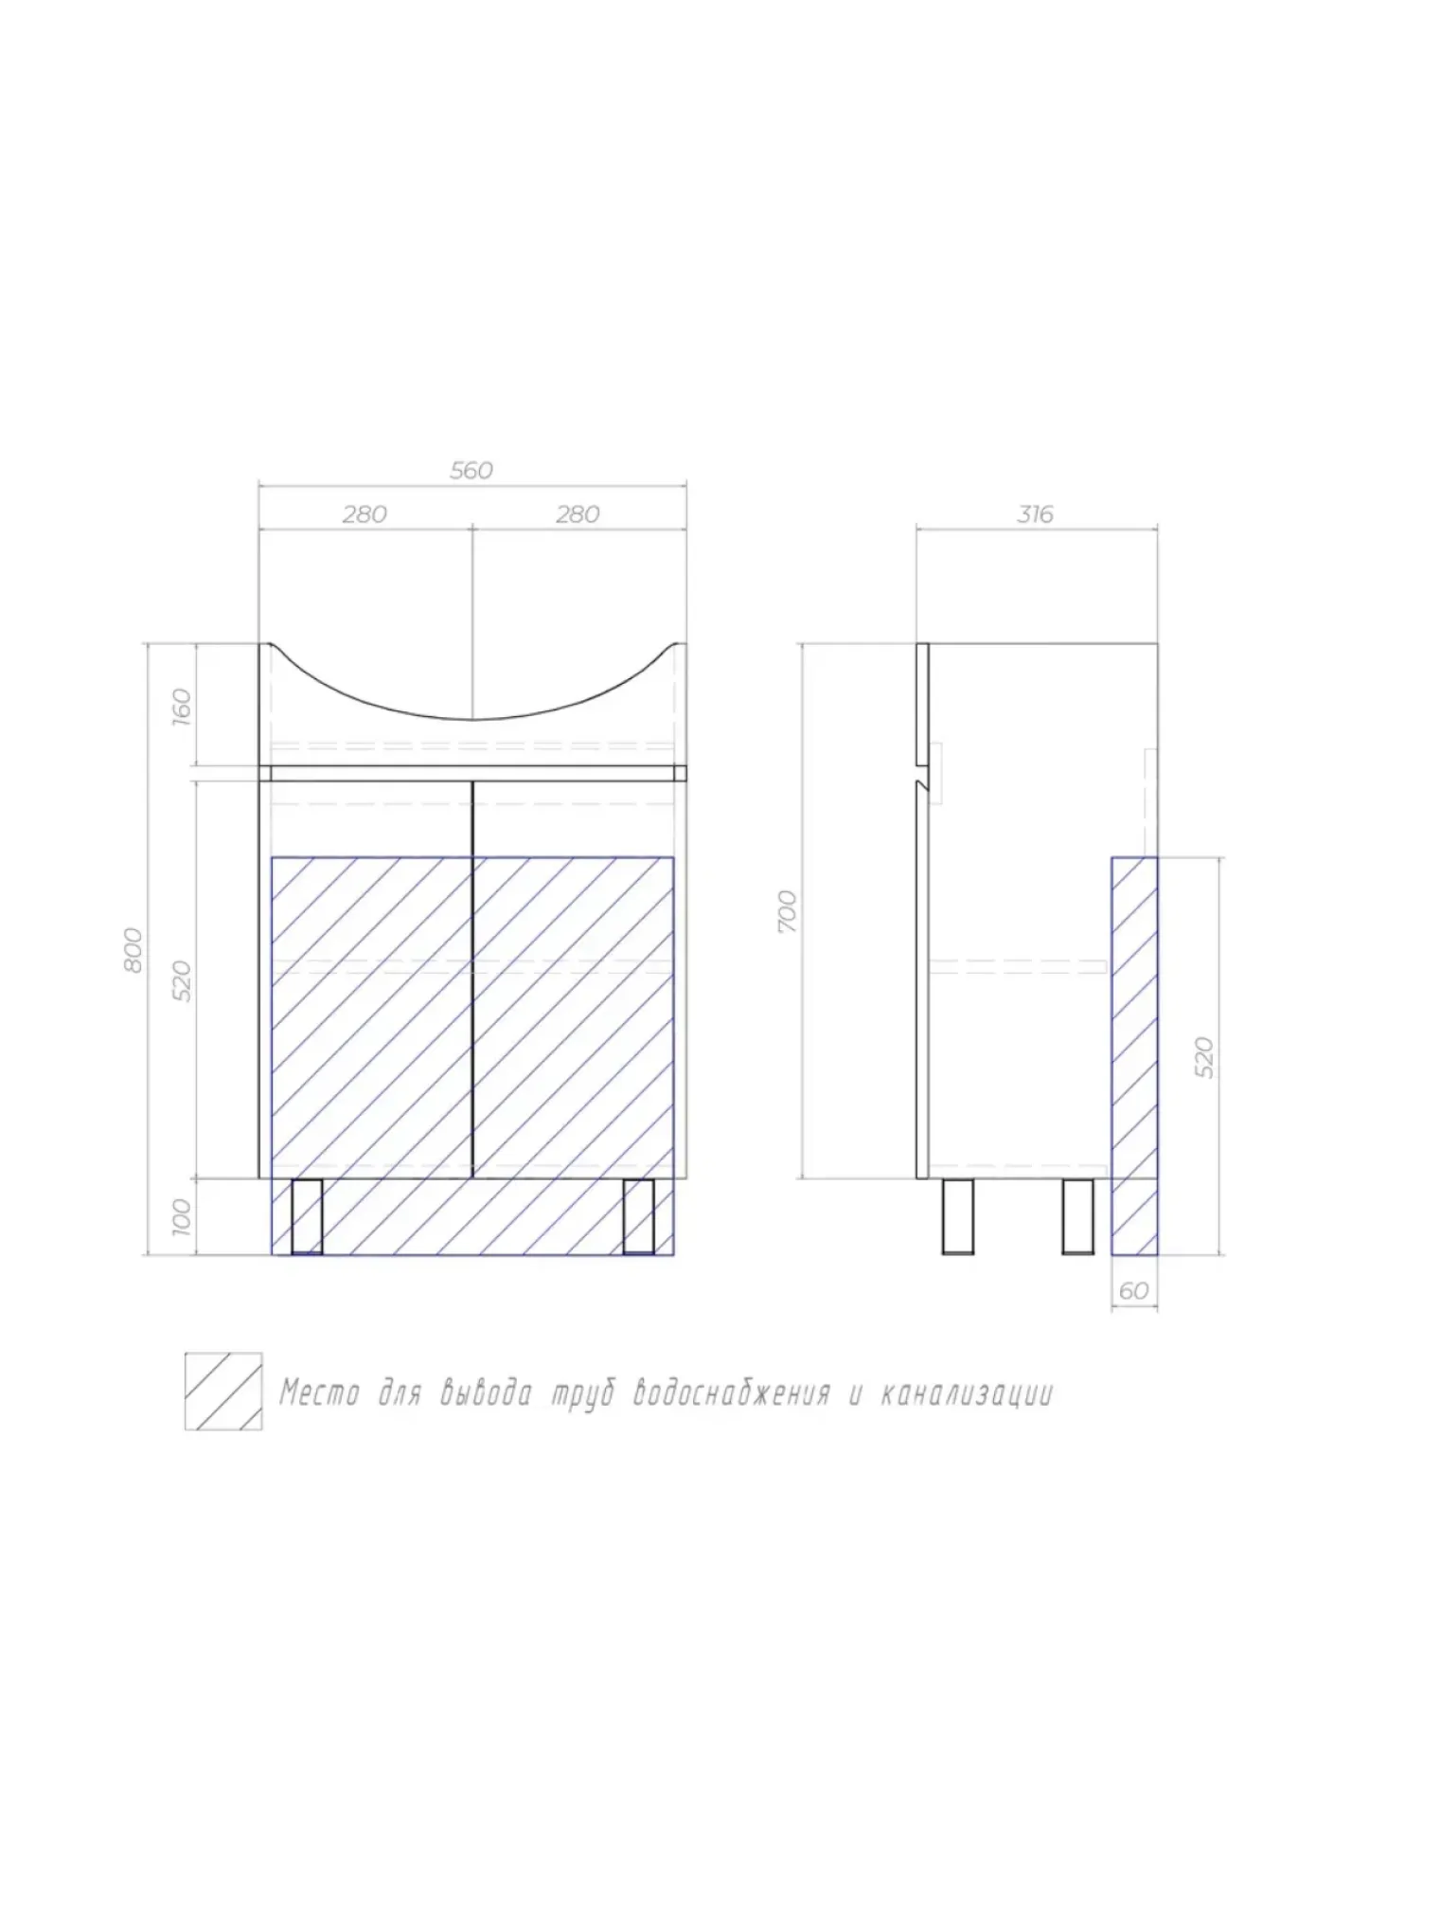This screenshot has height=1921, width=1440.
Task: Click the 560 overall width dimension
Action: (x=471, y=471)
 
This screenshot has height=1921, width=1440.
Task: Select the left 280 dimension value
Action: (x=364, y=514)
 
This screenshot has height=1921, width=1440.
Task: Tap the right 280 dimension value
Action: (x=578, y=514)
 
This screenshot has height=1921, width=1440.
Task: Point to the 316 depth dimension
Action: (x=1035, y=514)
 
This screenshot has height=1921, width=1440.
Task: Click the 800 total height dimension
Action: (x=133, y=949)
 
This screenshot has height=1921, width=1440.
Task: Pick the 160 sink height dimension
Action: (x=182, y=706)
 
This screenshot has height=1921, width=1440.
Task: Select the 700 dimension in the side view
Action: (x=788, y=911)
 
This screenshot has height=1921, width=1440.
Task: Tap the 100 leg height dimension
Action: (x=182, y=1216)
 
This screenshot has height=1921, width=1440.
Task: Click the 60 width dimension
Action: (x=1133, y=1291)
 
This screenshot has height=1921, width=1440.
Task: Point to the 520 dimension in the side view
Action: (x=1204, y=1057)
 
